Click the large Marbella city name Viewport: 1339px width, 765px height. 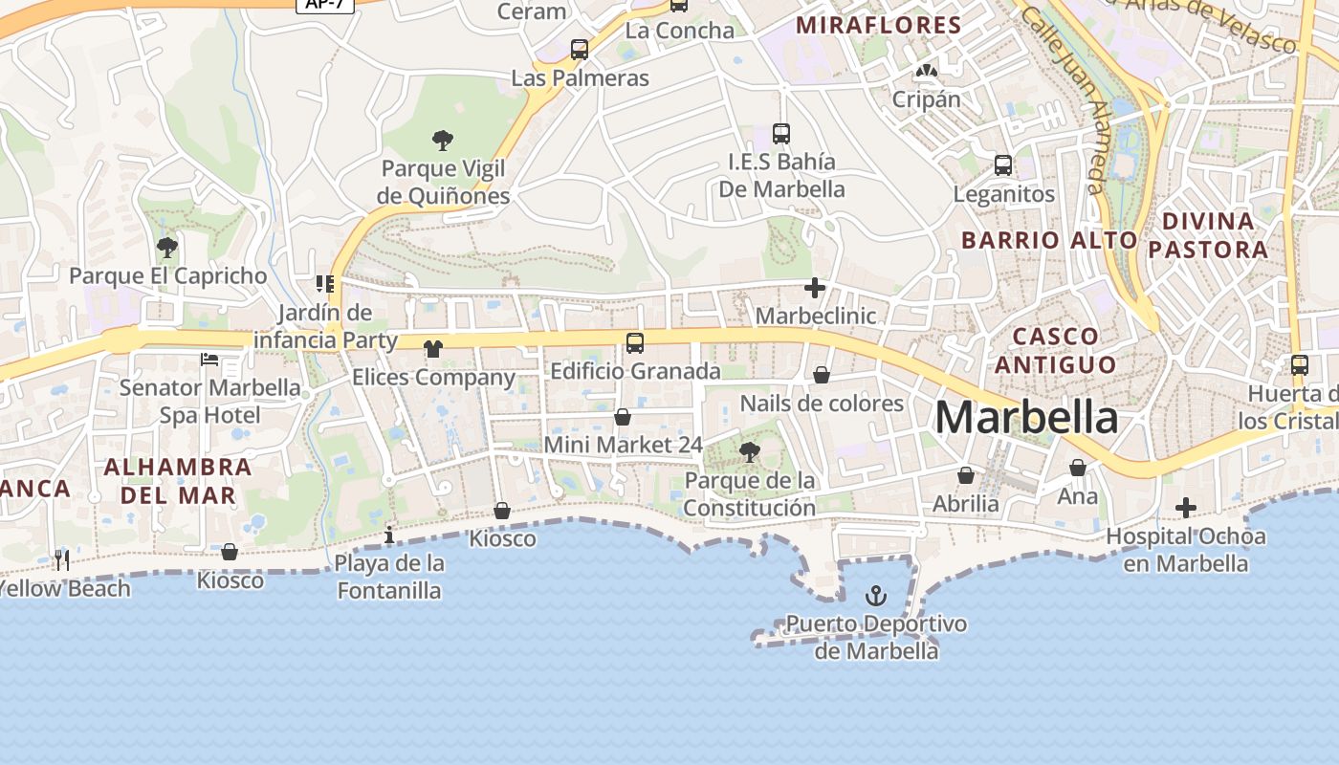(x=1026, y=418)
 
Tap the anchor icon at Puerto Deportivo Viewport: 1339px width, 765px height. (x=875, y=597)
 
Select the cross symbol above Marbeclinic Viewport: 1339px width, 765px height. (x=815, y=288)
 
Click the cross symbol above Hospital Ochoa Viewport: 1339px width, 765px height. (x=1186, y=508)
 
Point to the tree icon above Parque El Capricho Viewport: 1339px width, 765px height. (x=167, y=248)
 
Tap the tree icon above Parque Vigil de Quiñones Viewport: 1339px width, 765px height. (x=442, y=141)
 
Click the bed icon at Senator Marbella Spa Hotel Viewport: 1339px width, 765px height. (x=209, y=360)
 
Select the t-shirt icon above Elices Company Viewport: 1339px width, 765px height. (x=433, y=348)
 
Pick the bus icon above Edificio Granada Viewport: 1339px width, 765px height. (x=634, y=342)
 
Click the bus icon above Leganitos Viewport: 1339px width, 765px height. (x=1003, y=164)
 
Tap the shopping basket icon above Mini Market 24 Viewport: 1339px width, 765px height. (x=623, y=417)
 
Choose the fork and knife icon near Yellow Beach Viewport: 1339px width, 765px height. (x=62, y=559)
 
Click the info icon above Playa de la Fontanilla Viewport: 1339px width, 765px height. (x=388, y=535)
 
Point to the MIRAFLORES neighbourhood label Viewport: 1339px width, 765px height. (x=878, y=26)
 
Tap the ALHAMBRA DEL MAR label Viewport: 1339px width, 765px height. (x=177, y=481)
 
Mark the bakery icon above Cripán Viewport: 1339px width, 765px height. (x=926, y=71)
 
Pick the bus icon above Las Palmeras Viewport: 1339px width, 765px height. (x=580, y=49)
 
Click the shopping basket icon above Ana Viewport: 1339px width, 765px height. (x=1078, y=468)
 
